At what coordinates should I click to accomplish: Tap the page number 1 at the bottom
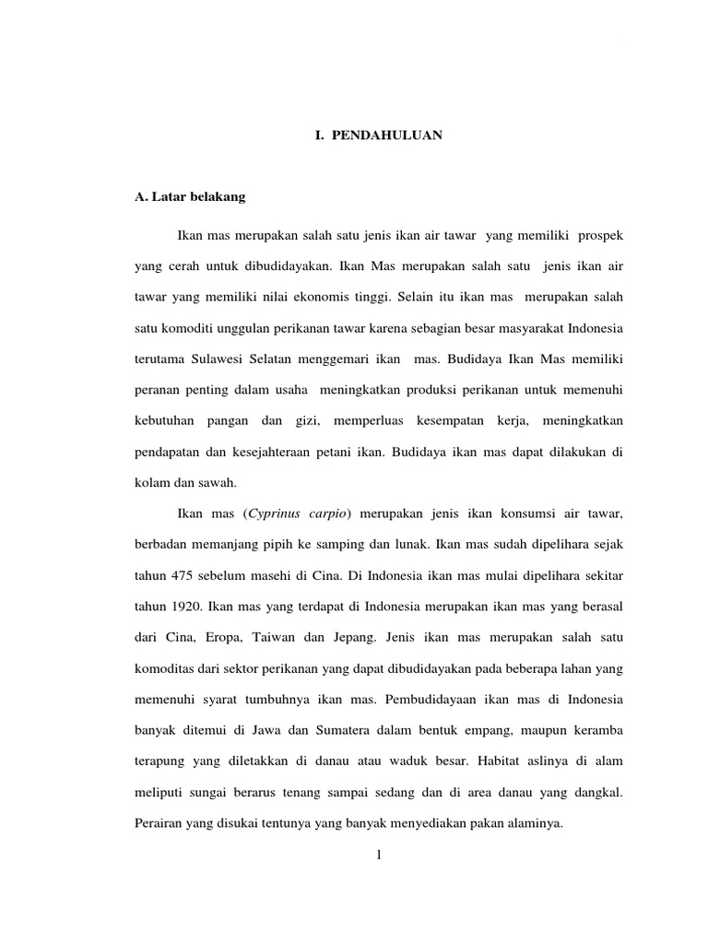click(379, 855)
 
